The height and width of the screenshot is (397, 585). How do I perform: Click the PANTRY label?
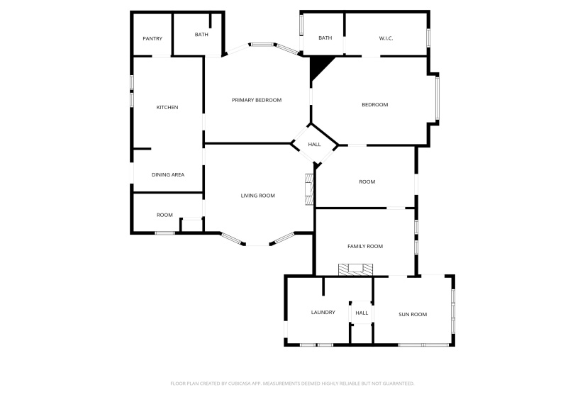pyautogui.click(x=152, y=38)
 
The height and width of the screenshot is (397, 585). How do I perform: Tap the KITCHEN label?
pyautogui.click(x=167, y=107)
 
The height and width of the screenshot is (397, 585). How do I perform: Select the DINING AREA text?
pyautogui.click(x=168, y=174)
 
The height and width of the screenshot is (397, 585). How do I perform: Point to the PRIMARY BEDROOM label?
pyautogui.click(x=257, y=100)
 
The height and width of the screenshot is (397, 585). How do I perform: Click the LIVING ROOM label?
pyautogui.click(x=258, y=196)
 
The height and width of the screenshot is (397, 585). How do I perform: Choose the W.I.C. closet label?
pyautogui.click(x=386, y=38)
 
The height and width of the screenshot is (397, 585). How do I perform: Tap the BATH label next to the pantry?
pyautogui.click(x=201, y=34)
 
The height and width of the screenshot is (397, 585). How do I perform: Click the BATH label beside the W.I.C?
pyautogui.click(x=325, y=38)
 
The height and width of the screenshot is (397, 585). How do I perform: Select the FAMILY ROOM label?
pyautogui.click(x=364, y=246)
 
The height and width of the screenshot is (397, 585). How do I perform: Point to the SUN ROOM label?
pyautogui.click(x=412, y=314)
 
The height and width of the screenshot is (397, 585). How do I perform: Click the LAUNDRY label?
pyautogui.click(x=323, y=312)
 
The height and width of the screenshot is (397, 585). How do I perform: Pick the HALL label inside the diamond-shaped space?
pyautogui.click(x=314, y=145)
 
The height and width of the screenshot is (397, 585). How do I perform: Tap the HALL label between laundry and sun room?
pyautogui.click(x=362, y=313)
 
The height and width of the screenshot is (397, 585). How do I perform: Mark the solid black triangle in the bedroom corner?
pyautogui.click(x=319, y=67)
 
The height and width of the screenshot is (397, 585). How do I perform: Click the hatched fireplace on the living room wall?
pyautogui.click(x=309, y=189)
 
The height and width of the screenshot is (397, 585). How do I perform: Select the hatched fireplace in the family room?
pyautogui.click(x=355, y=269)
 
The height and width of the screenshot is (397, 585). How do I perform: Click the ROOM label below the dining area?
pyautogui.click(x=165, y=215)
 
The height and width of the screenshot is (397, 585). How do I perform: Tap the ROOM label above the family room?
pyautogui.click(x=367, y=182)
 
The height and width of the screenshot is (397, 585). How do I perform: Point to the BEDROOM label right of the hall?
pyautogui.click(x=374, y=105)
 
